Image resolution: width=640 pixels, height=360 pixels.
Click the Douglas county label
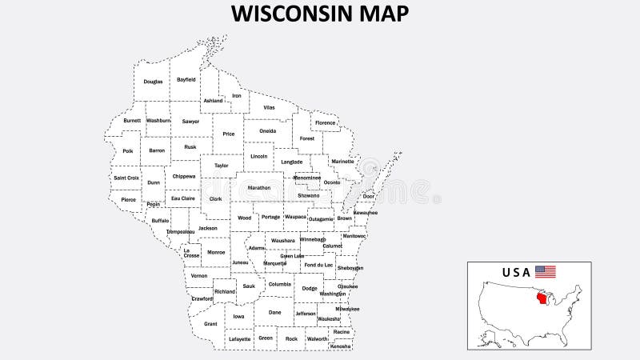click(x=153, y=82)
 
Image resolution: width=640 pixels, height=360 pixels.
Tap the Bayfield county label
click(x=186, y=80)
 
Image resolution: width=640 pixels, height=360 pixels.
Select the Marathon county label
click(x=259, y=187)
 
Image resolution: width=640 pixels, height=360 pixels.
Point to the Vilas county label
click(x=269, y=106)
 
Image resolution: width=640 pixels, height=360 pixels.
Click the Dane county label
click(x=275, y=313)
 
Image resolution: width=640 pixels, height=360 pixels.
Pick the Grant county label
click(x=210, y=324)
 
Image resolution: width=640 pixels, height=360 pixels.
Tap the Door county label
click(x=368, y=196)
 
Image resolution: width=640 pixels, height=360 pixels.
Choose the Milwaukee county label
click(x=347, y=308)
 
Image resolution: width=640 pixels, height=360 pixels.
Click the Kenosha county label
click(x=341, y=346)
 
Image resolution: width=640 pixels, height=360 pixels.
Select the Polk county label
click(x=128, y=150)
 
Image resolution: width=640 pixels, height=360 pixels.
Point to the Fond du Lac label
click(x=318, y=264)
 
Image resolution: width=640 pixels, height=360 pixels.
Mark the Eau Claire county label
click(x=182, y=198)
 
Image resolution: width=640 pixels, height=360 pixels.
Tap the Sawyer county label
click(x=190, y=121)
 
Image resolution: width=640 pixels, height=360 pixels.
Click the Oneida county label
click(x=268, y=130)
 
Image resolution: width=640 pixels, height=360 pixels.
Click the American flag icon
click(x=546, y=271)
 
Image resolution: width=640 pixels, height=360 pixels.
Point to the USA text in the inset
click(x=516, y=272)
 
